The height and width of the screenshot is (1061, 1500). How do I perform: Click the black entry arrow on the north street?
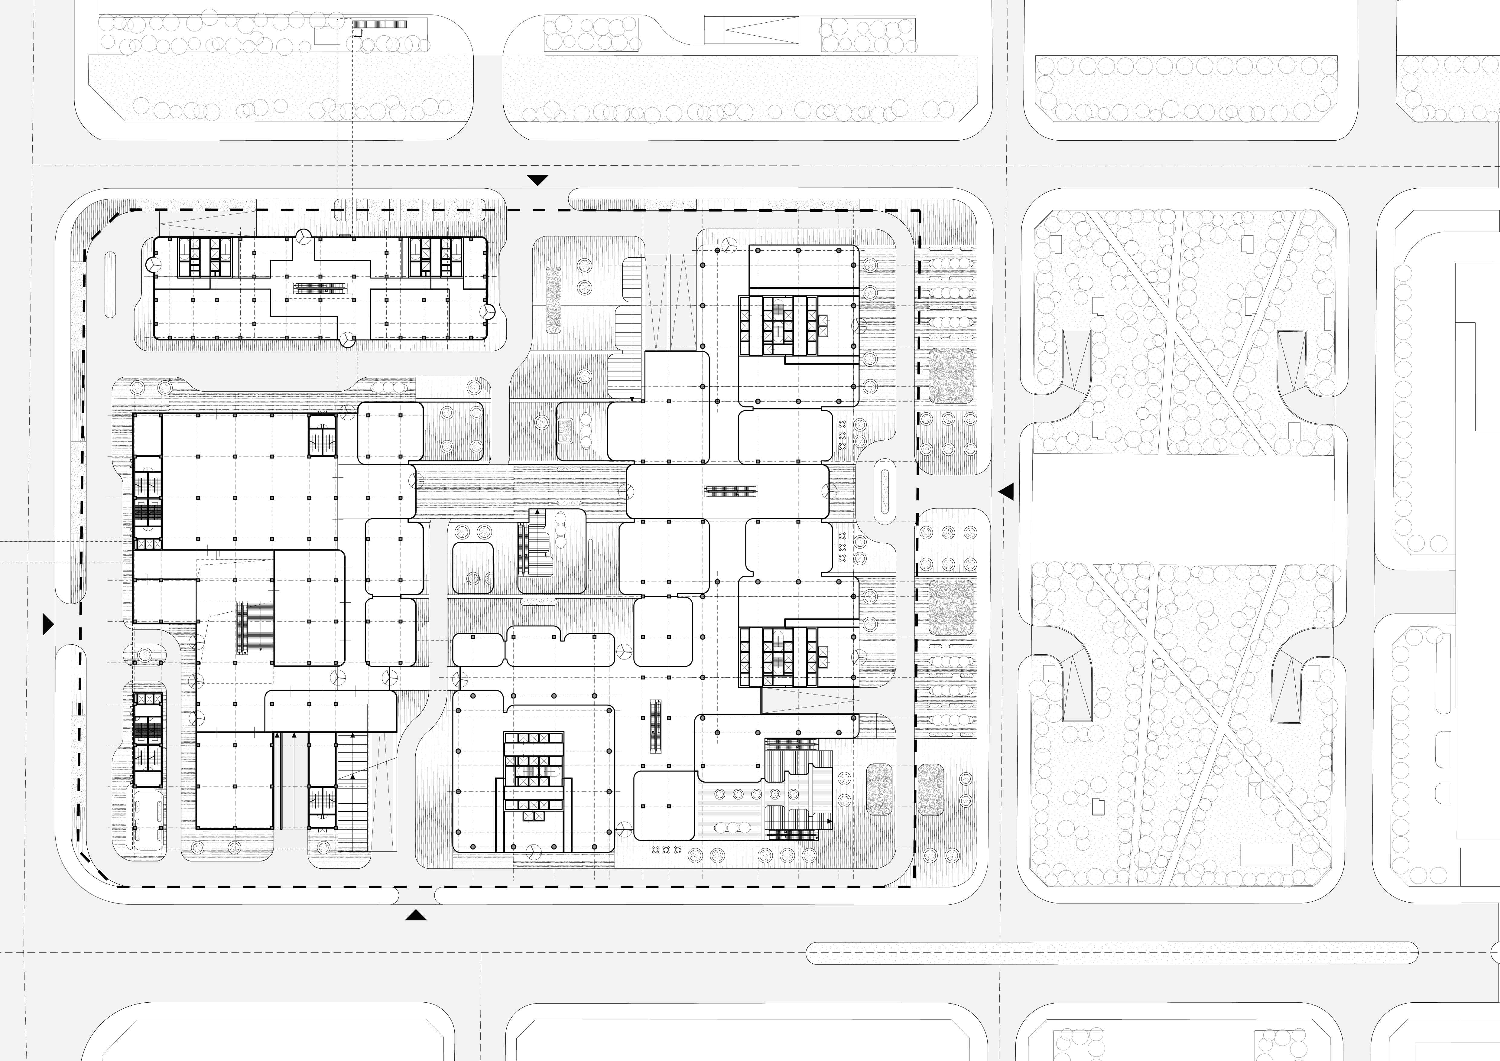point(538,180)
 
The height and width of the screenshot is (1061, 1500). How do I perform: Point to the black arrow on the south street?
point(415,915)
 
